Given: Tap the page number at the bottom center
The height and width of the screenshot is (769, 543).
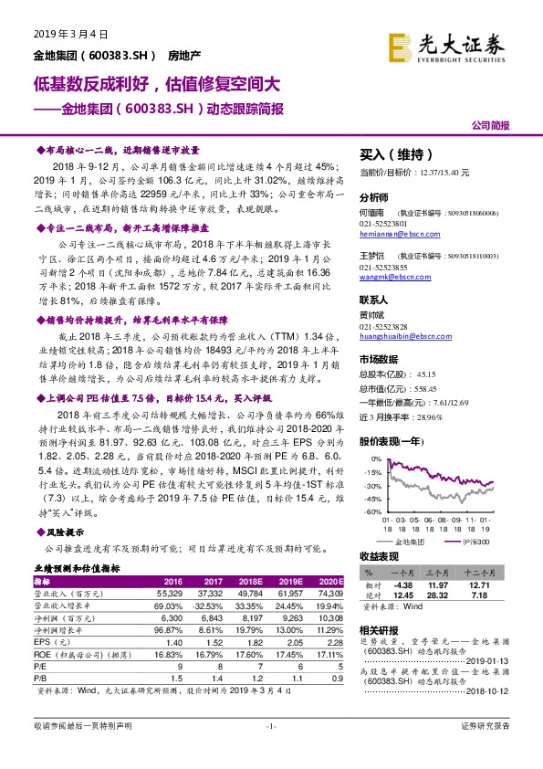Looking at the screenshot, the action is pyautogui.click(x=271, y=751).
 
